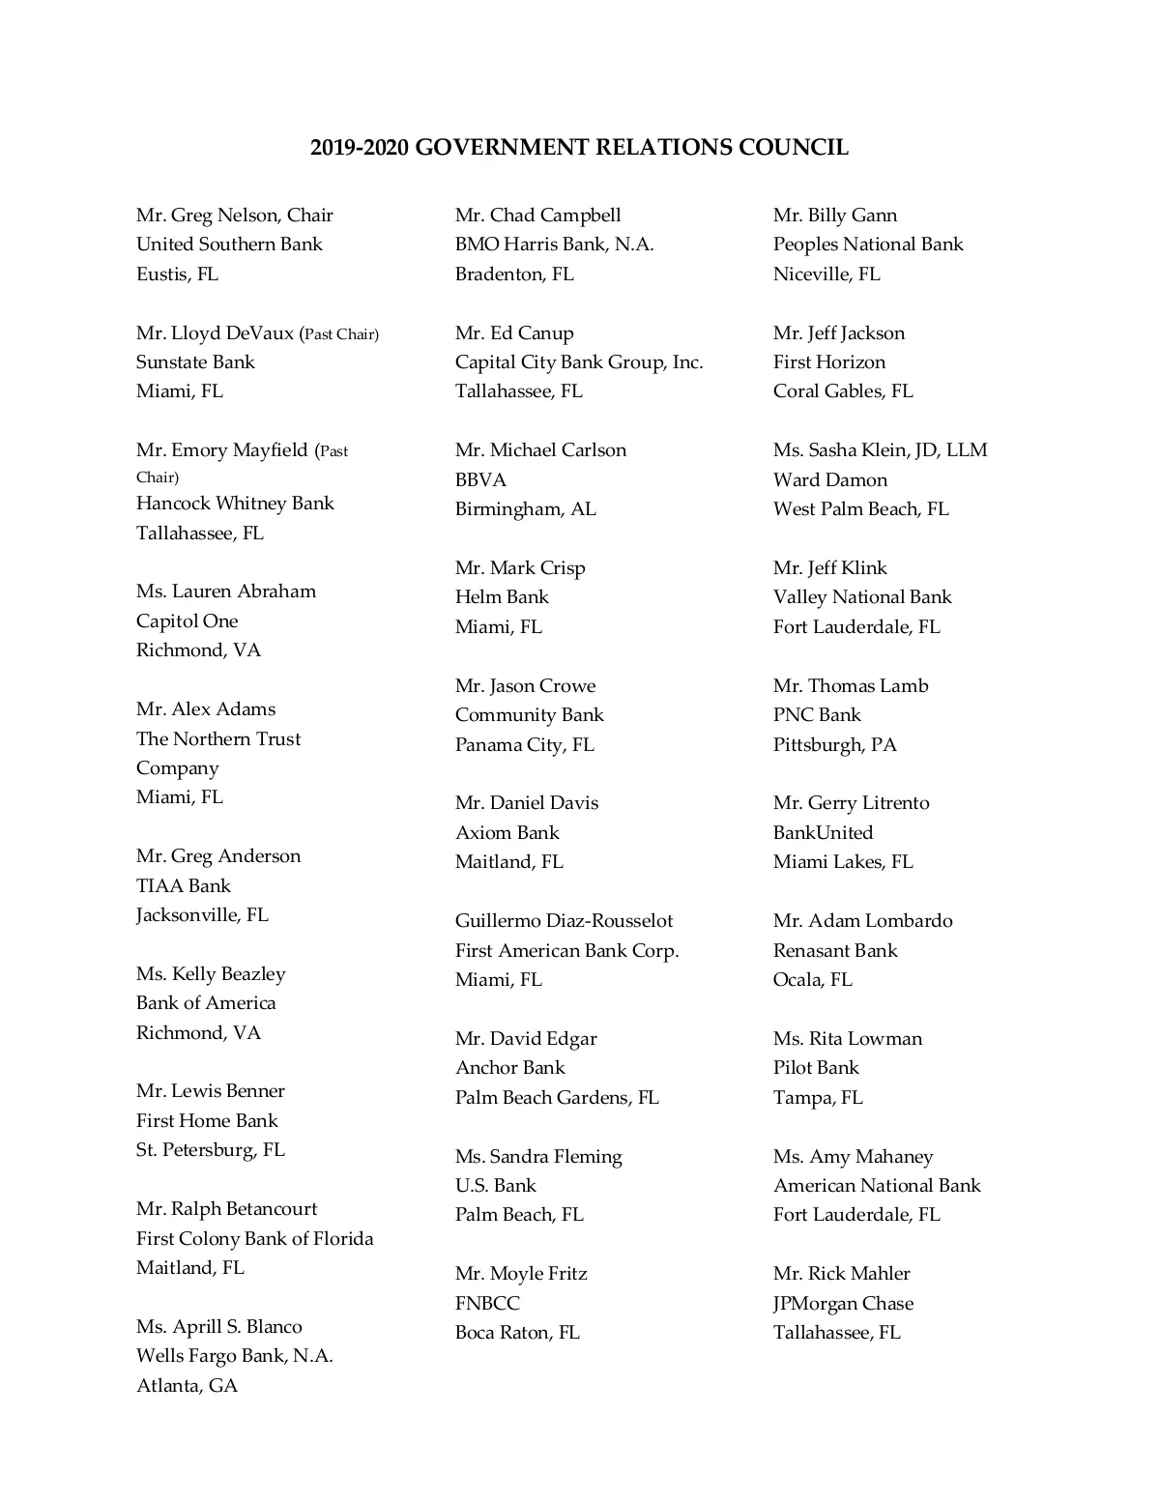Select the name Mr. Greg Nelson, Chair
click(x=235, y=215)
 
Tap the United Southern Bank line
click(x=229, y=244)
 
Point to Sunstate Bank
click(x=195, y=361)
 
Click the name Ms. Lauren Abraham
click(x=226, y=591)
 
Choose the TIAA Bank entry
click(x=184, y=885)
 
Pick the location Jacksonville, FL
click(x=202, y=914)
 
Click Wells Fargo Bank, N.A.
click(x=235, y=1355)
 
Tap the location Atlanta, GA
click(x=187, y=1385)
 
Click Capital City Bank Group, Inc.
click(x=579, y=361)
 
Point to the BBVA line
click(x=480, y=479)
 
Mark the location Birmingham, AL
click(x=526, y=508)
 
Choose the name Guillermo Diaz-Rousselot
click(x=564, y=920)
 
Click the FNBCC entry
click(x=487, y=1303)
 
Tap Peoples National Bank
click(x=868, y=244)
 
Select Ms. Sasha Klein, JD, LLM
click(x=880, y=449)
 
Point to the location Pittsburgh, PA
click(x=835, y=744)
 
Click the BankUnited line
click(x=823, y=832)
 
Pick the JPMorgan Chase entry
click(x=843, y=1303)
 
